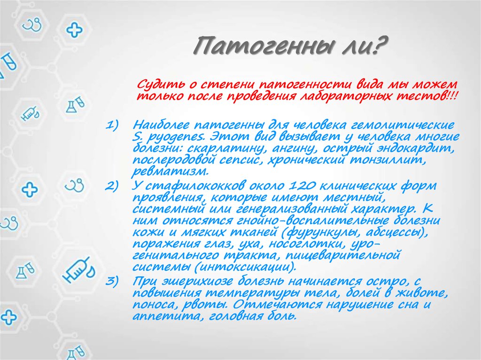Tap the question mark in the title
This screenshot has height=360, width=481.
tap(379, 47)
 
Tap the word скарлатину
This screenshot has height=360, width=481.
tap(219, 149)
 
